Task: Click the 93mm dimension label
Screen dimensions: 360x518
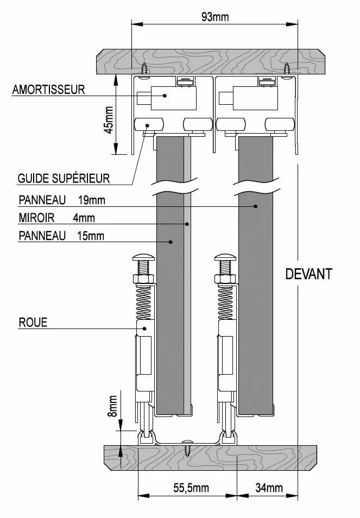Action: pos(215,17)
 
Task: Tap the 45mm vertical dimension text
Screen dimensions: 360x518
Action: pos(109,119)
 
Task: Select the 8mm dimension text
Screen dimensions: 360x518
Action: pos(112,406)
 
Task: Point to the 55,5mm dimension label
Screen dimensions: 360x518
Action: pos(191,488)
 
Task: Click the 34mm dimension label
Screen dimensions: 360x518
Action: pos(269,488)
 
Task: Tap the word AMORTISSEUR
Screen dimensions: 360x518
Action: pos(48,90)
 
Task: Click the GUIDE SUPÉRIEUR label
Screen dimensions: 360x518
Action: pos(64,179)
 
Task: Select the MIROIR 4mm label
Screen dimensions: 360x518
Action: pos(57,218)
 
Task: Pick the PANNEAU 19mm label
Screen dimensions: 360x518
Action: pos(62,200)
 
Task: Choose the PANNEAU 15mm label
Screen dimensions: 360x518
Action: pos(61,236)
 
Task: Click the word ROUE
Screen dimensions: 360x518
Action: pos(33,323)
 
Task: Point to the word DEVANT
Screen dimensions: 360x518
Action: pos(308,274)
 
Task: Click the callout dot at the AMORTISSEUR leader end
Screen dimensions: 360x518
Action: pos(165,96)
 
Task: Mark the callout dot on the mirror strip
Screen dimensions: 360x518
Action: pos(187,224)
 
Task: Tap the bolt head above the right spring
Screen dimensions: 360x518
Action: pos(225,257)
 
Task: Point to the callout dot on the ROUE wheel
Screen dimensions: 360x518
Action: pos(144,329)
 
